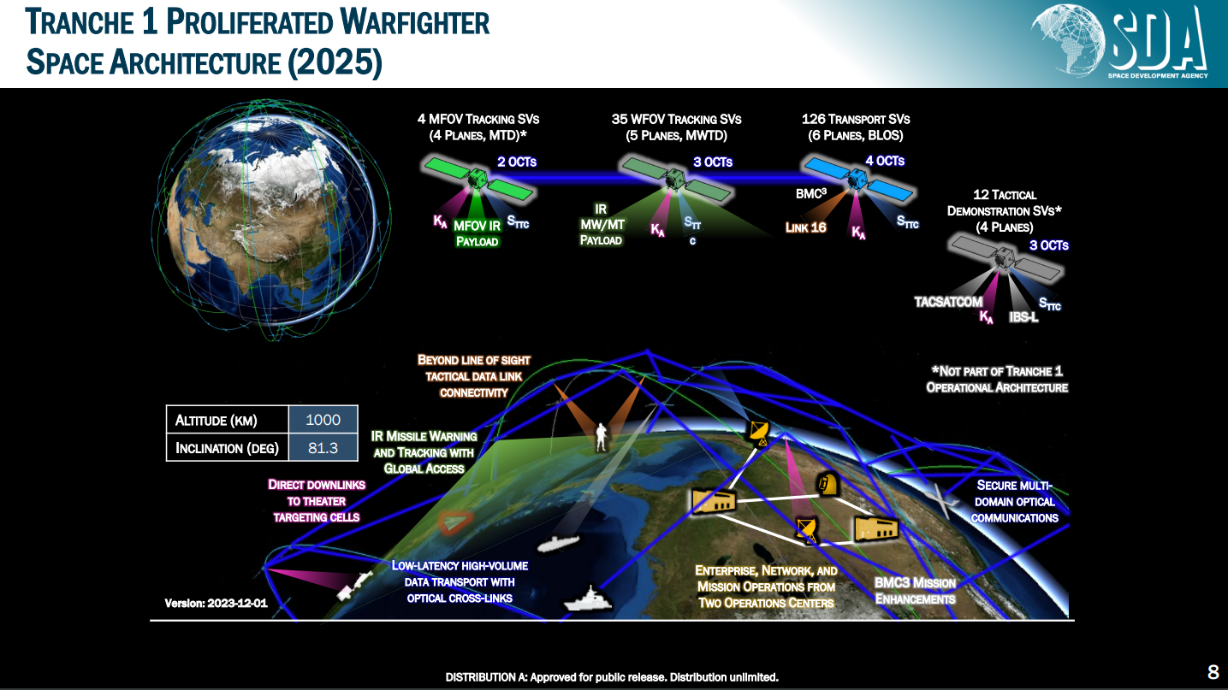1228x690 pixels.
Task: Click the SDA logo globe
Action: click(1068, 39)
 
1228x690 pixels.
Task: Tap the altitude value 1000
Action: click(323, 420)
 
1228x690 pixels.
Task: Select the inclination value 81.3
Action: click(323, 448)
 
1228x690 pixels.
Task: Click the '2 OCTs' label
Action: click(516, 162)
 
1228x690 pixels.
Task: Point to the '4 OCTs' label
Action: click(885, 161)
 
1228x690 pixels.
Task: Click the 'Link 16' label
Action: click(805, 227)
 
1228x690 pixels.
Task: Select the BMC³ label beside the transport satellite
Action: click(810, 193)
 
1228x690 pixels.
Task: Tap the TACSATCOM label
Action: click(948, 302)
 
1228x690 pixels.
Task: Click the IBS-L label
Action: click(1023, 317)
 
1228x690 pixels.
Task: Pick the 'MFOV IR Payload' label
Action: click(477, 233)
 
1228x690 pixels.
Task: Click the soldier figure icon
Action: click(602, 437)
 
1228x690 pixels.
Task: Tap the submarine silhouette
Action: click(558, 543)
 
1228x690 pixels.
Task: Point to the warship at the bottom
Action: click(587, 599)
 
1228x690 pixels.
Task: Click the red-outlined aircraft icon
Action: click(454, 522)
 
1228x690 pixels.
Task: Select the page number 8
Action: click(1213, 672)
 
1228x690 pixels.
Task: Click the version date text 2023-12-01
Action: click(237, 604)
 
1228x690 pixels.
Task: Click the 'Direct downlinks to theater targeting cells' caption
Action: click(317, 501)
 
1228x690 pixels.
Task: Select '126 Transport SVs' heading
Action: click(855, 120)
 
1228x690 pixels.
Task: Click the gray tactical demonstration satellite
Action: click(1006, 257)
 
